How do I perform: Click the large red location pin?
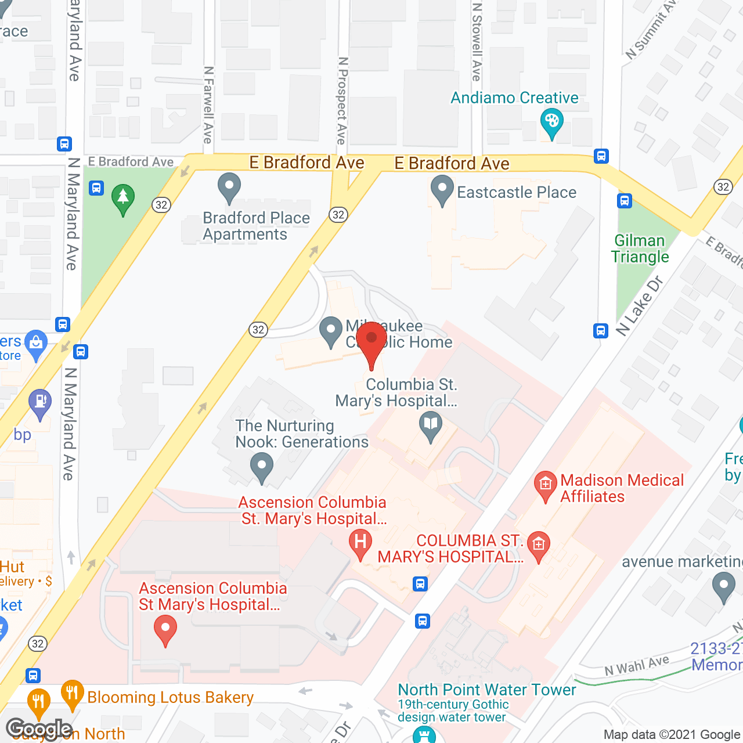pyautogui.click(x=371, y=341)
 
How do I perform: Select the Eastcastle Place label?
pyautogui.click(x=516, y=192)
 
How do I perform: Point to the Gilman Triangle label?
pyautogui.click(x=640, y=248)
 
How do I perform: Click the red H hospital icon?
pyautogui.click(x=360, y=544)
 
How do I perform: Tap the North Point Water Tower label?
pyautogui.click(x=486, y=690)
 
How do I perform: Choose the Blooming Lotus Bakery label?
pyautogui.click(x=170, y=697)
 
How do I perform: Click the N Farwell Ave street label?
pyautogui.click(x=208, y=104)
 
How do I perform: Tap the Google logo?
pyautogui.click(x=39, y=729)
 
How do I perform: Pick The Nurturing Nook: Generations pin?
pyautogui.click(x=262, y=467)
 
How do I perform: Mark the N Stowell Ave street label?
pyautogui.click(x=477, y=42)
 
